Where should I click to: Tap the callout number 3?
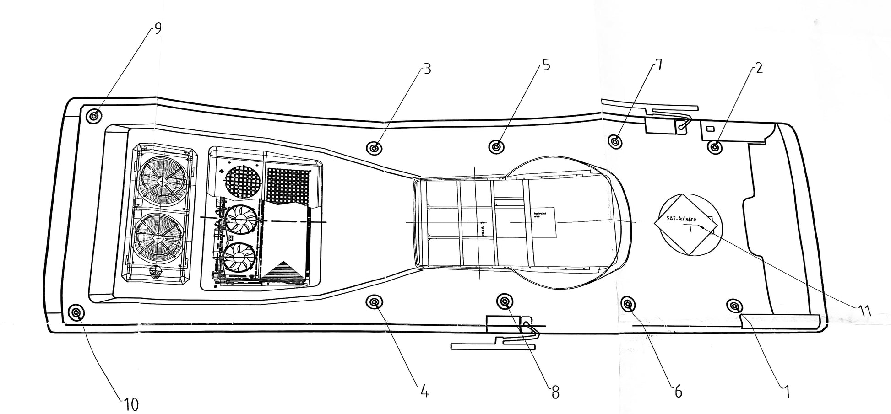(426, 69)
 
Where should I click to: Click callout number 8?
(555, 392)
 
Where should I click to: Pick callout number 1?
(786, 392)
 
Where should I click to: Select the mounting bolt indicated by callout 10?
(76, 313)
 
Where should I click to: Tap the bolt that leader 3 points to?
(375, 148)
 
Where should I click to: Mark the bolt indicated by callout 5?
(496, 147)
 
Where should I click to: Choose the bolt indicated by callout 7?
(616, 140)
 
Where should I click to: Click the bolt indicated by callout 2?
(715, 147)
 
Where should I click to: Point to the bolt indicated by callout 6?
(627, 303)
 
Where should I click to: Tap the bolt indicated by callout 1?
(734, 306)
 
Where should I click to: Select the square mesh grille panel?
(288, 185)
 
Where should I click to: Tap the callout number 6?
(678, 392)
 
